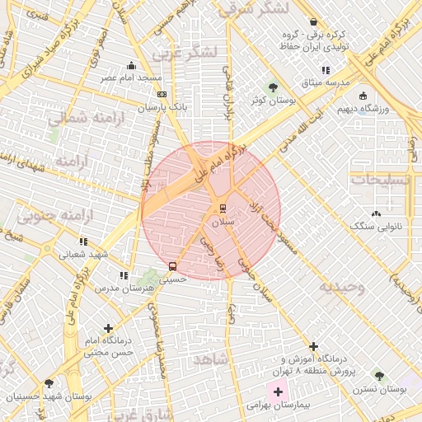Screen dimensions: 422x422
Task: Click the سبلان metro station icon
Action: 223,207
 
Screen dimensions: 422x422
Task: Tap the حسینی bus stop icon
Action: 172,266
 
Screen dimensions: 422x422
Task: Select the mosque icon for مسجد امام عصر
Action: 132,65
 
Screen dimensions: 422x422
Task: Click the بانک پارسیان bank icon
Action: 161,95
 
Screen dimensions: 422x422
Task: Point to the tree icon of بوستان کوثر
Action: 273,87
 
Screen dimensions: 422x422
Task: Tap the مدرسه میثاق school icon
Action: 326,71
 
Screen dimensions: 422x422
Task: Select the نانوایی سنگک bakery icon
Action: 377,213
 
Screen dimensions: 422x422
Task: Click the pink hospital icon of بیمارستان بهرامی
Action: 278,392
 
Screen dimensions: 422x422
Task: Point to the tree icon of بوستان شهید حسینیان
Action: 49,383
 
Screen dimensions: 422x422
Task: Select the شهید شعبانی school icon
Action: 83,242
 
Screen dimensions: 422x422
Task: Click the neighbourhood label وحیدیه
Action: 342,287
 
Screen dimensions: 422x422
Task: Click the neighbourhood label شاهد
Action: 210,359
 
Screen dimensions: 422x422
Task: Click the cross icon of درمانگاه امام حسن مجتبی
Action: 108,329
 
